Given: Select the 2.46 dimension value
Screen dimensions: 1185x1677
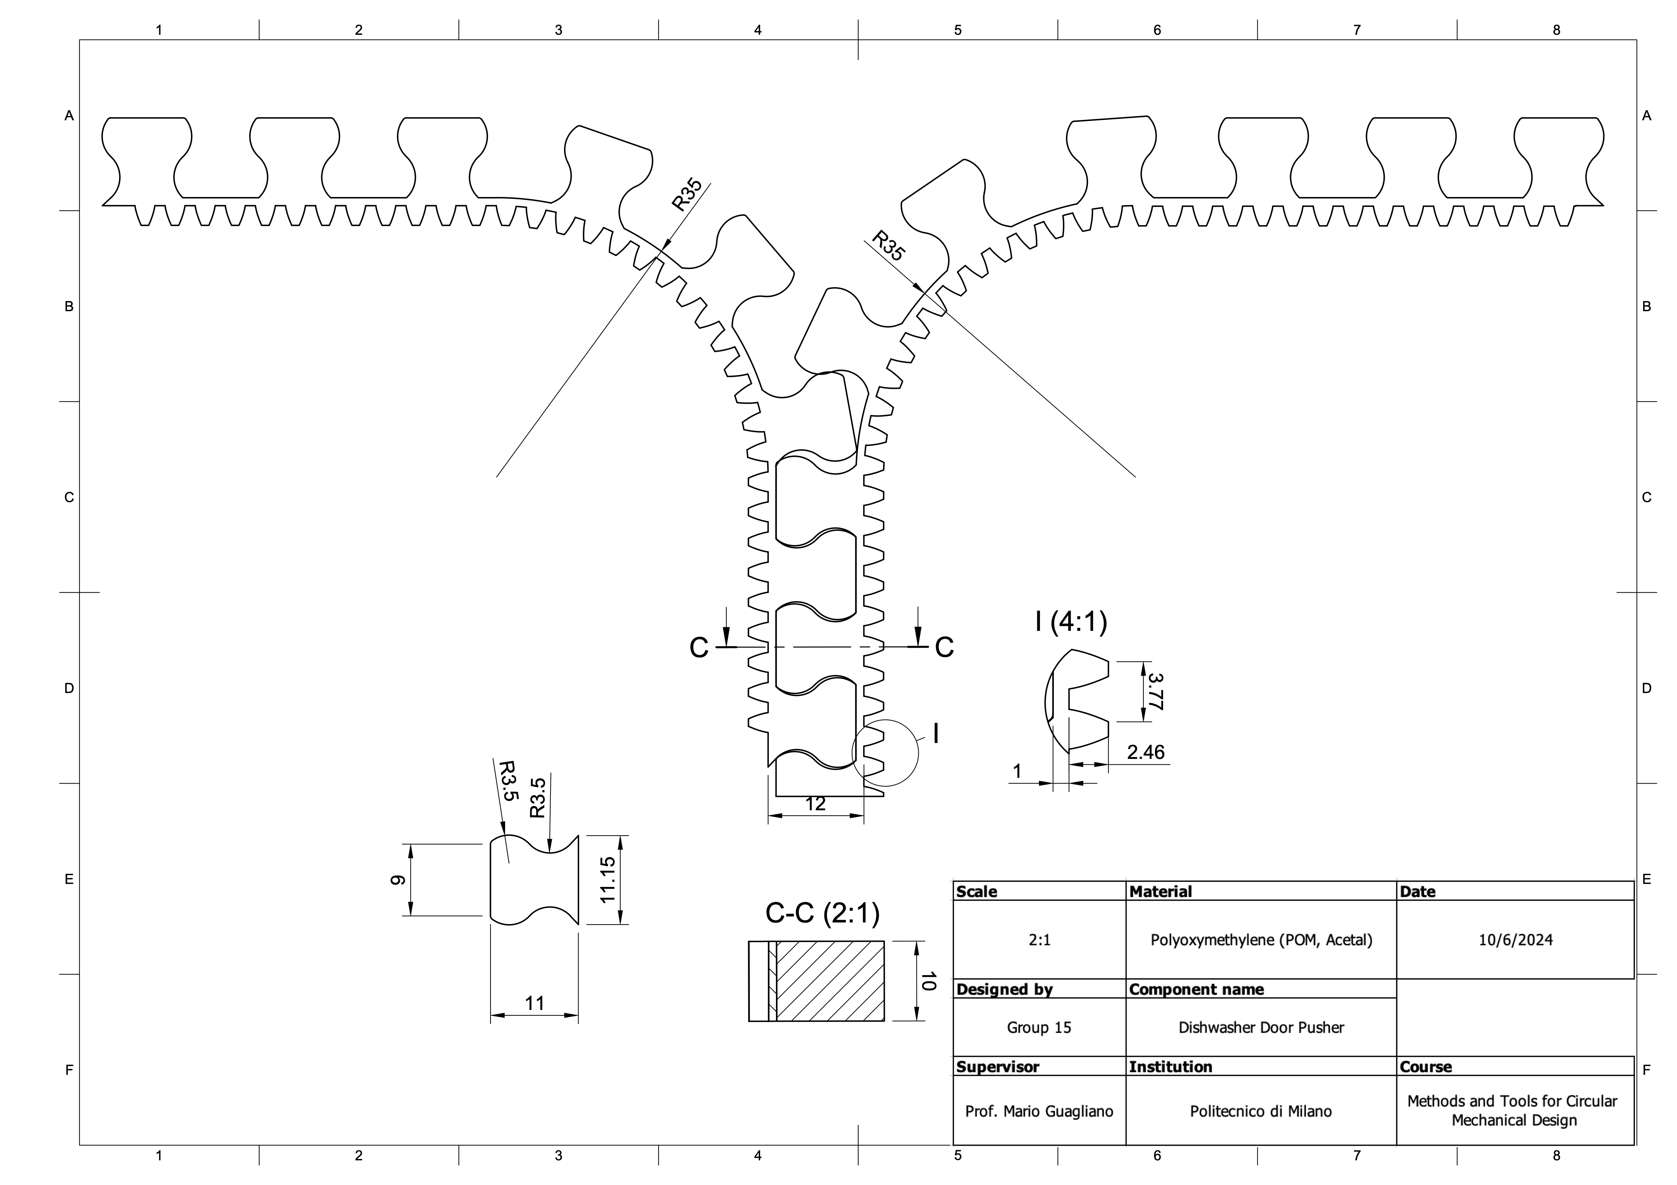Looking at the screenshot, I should click(1145, 752).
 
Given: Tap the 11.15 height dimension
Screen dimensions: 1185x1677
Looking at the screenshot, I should click(608, 880).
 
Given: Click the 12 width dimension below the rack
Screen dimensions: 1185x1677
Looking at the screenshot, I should click(815, 804).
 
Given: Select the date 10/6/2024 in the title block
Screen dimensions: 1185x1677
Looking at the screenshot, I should click(1516, 940).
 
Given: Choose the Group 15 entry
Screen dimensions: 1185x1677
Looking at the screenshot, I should click(1039, 1028).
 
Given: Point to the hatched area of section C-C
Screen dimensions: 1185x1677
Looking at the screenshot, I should click(830, 981).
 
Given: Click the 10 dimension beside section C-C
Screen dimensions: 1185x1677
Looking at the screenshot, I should click(928, 981).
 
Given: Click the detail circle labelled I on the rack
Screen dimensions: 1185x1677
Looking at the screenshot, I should click(885, 753).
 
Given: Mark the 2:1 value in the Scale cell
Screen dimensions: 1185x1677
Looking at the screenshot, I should click(1039, 940).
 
